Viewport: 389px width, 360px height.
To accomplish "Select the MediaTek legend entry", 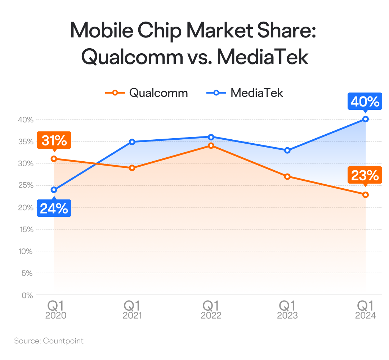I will point(245,93).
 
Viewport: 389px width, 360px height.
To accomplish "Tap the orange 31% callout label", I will point(54,140).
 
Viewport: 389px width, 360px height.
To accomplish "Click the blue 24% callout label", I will point(54,208).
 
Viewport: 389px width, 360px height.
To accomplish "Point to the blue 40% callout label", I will point(365,102).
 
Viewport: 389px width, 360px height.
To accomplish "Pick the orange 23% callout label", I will point(365,176).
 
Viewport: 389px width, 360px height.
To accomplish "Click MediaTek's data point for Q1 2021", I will point(132,142).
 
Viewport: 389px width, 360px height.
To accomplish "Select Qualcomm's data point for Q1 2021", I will point(132,168).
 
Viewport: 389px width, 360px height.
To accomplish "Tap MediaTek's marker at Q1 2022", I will point(211,137).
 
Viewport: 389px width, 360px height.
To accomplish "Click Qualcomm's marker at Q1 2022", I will point(211,145).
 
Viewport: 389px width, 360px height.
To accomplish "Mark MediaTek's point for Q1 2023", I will point(287,150).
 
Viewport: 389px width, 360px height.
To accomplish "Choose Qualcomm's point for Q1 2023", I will point(287,176).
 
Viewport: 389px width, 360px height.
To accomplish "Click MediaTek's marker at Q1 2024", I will point(366,119).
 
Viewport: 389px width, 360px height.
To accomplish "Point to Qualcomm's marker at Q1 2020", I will point(54,159).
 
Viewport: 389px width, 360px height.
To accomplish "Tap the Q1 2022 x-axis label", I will point(211,310).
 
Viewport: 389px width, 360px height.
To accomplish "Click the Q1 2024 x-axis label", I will point(366,310).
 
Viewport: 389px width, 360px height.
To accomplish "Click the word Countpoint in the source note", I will point(63,341).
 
